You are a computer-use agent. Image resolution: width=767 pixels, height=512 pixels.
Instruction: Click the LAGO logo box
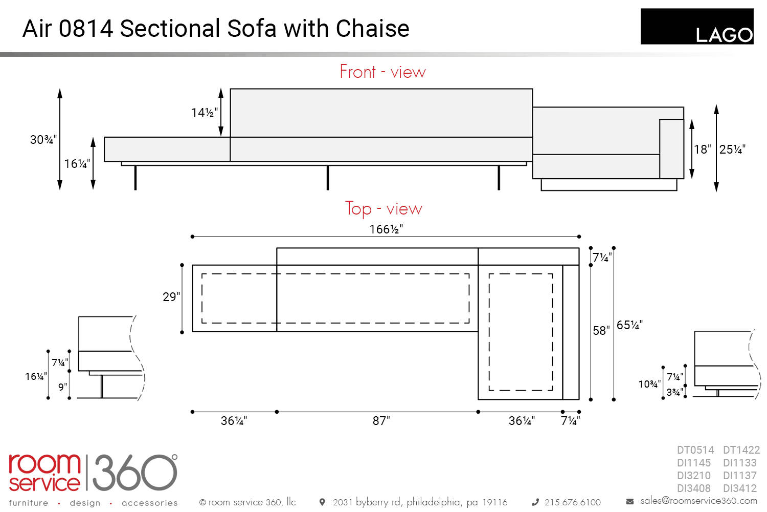(697, 27)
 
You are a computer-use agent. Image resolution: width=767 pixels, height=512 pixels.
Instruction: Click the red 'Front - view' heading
(382, 72)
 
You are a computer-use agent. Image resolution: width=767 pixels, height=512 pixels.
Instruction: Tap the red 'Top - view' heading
(383, 208)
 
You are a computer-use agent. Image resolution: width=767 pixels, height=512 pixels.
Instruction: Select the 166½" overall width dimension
(386, 229)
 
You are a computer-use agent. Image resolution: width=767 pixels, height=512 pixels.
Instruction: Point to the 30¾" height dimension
(43, 140)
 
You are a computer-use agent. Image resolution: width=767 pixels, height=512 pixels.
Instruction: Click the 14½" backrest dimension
(205, 113)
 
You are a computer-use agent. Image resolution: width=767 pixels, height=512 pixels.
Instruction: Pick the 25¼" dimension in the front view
(732, 150)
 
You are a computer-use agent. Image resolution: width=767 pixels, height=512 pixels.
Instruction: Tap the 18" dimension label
(702, 150)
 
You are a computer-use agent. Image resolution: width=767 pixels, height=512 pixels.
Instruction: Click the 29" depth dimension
(171, 296)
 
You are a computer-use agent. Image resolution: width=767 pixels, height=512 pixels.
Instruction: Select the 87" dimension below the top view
(381, 421)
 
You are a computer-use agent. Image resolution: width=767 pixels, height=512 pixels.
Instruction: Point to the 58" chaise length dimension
(601, 331)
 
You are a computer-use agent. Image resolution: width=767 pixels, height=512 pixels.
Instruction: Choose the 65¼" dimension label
(629, 325)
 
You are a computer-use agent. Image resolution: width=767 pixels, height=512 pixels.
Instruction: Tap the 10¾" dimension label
(649, 384)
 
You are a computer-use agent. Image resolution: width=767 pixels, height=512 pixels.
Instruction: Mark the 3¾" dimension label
(674, 392)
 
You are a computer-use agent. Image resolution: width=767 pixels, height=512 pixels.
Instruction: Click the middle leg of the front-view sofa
(328, 178)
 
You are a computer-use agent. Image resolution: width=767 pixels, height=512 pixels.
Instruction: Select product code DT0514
(695, 450)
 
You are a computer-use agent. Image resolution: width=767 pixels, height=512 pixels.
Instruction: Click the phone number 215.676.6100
(573, 502)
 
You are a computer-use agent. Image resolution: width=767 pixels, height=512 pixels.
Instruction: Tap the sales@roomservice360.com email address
(699, 501)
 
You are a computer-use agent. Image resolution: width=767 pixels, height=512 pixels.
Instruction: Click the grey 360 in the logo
(135, 473)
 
